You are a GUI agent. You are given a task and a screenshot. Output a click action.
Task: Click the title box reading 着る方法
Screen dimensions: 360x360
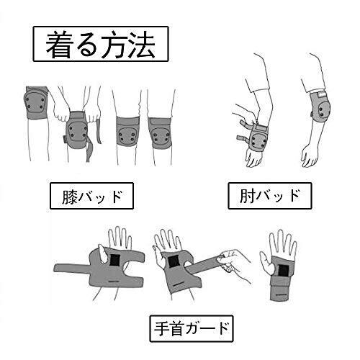click(x=101, y=44)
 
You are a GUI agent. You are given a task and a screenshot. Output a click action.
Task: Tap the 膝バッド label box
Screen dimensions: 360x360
click(x=91, y=196)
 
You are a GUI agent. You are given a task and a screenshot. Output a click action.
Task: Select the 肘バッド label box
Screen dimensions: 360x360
click(x=270, y=196)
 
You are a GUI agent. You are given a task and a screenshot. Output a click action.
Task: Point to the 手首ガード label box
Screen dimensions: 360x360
click(x=192, y=329)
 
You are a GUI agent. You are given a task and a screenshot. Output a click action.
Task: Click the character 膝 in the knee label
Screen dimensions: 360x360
click(x=70, y=197)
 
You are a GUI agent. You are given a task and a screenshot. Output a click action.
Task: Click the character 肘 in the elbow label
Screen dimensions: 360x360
click(x=247, y=196)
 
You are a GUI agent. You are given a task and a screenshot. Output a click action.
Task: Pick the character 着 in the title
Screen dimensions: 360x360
click(x=59, y=45)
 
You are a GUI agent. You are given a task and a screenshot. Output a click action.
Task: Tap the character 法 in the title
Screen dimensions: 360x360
click(x=142, y=45)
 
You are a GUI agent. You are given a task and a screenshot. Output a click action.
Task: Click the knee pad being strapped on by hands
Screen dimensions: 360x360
click(x=76, y=130)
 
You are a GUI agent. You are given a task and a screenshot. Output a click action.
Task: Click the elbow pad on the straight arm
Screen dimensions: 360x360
click(x=320, y=107)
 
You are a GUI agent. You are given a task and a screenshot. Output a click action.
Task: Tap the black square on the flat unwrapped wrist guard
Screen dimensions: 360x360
click(x=115, y=260)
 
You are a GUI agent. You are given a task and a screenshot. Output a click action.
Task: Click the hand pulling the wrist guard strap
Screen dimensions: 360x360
click(x=234, y=263)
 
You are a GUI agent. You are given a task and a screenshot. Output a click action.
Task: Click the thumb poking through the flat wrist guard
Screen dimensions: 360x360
click(x=102, y=254)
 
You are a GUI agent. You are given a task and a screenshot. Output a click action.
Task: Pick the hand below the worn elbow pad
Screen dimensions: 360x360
click(x=310, y=156)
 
